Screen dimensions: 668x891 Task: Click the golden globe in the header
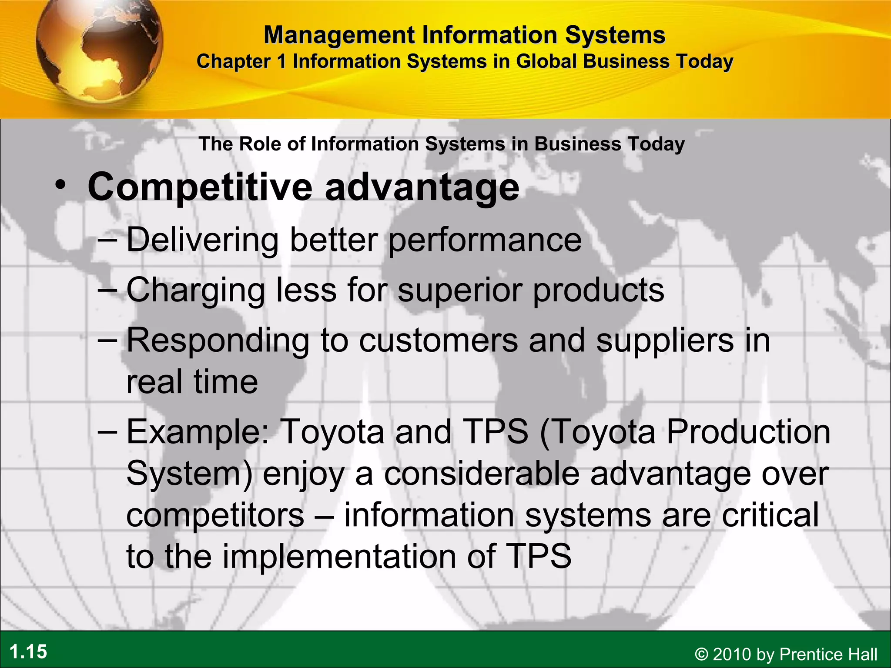[99, 50]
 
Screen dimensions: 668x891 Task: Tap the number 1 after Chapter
[282, 61]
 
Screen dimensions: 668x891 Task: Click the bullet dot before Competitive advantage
[60, 185]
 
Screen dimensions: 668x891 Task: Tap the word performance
[485, 240]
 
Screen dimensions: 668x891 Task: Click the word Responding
[218, 341]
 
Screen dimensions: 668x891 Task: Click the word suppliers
[665, 341]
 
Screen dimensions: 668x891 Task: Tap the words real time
[192, 382]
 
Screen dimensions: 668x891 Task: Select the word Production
[748, 431]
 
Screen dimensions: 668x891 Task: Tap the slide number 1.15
[28, 652]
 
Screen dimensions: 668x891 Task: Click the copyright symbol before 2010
[701, 654]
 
